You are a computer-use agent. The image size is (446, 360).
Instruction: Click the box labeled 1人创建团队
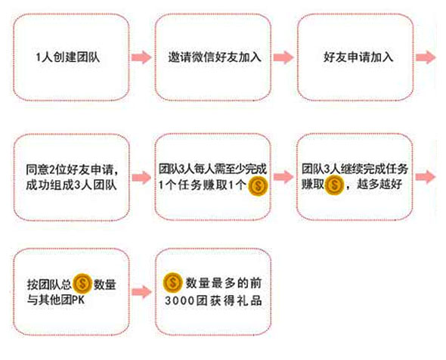pos(71,57)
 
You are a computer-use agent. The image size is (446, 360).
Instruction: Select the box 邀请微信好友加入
pos(212,57)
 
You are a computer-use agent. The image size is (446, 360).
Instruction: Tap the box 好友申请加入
pos(355,57)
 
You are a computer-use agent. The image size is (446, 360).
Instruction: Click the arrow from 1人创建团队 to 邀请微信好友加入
pos(141,57)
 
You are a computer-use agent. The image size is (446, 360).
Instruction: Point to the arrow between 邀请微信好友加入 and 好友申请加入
pos(283,57)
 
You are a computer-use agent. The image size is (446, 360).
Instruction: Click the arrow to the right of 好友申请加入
pos(426,57)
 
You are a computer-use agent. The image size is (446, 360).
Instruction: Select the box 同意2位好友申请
pos(71,177)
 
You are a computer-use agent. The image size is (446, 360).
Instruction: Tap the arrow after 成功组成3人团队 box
pos(141,178)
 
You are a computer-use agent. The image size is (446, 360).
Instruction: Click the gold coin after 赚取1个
pos(259,186)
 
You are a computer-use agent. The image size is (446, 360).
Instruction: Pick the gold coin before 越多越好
pos(334,185)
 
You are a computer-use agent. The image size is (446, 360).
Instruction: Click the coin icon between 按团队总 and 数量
pos(82,284)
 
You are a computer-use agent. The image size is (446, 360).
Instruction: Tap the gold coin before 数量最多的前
pos(173,283)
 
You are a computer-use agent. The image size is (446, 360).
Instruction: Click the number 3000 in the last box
pos(180,300)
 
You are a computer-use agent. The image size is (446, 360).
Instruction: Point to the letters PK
pos(79,299)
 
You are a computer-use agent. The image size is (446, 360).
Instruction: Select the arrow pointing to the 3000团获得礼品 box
pos(141,292)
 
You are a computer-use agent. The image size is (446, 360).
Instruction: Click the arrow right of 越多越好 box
pos(426,177)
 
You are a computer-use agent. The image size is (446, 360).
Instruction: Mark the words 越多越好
pos(379,185)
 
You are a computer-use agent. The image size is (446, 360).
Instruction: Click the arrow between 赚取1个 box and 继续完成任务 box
pos(283,177)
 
